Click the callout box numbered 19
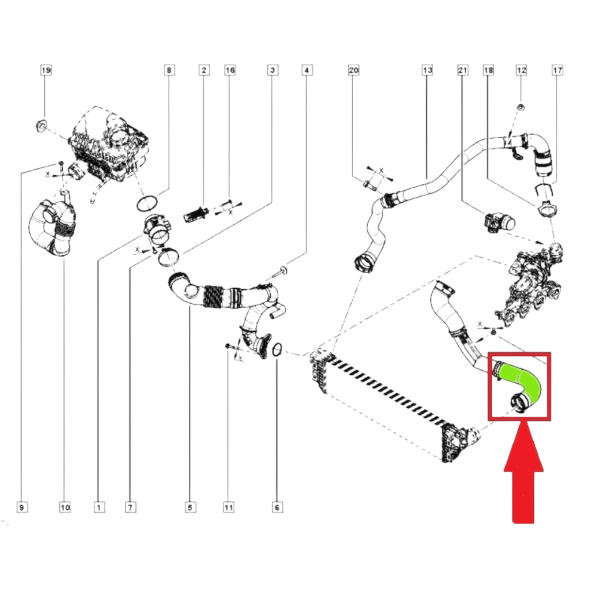pyautogui.click(x=46, y=70)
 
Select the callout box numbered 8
pyautogui.click(x=169, y=70)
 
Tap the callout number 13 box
pyautogui.click(x=428, y=70)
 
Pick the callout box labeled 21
pyautogui.click(x=463, y=70)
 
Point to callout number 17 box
pyautogui.click(x=557, y=70)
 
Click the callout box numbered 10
pyautogui.click(x=65, y=507)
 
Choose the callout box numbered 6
pyautogui.click(x=277, y=507)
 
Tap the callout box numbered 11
pyautogui.click(x=228, y=507)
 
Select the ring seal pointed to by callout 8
pyautogui.click(x=147, y=204)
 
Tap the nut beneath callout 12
pyautogui.click(x=521, y=108)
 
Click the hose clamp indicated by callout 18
pyautogui.click(x=546, y=208)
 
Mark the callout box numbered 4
pyautogui.click(x=307, y=70)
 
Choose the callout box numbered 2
pyautogui.click(x=204, y=70)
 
